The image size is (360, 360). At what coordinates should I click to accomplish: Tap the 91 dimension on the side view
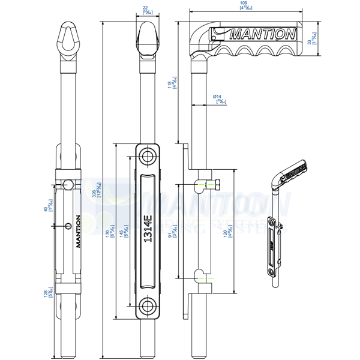click(x=174, y=229)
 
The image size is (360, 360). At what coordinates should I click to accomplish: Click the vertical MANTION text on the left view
click(x=77, y=230)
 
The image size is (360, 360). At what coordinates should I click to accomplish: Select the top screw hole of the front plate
click(x=148, y=157)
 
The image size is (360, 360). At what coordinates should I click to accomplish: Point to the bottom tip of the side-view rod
click(x=196, y=351)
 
